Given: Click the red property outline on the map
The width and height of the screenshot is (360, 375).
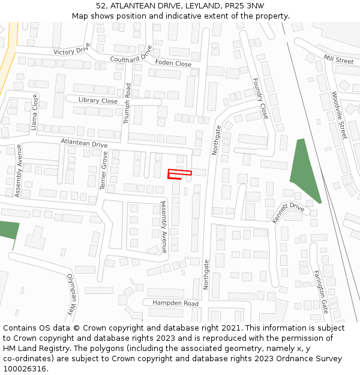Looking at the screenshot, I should click(x=179, y=174).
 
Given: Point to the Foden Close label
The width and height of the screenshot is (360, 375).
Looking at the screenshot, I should click(x=173, y=63).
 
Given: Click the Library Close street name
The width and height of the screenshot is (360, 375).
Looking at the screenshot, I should click(x=98, y=101).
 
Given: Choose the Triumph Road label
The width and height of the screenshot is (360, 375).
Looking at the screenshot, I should click(x=127, y=103).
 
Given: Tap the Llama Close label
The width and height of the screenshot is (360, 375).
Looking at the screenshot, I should click(x=34, y=112).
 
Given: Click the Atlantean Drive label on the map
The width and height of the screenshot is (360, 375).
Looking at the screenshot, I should click(x=84, y=143).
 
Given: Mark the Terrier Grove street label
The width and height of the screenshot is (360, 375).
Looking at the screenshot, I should click(x=104, y=171).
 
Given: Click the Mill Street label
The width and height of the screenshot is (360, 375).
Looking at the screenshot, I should click(x=338, y=59).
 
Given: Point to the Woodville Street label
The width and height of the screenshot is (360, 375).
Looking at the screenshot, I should click(x=340, y=115).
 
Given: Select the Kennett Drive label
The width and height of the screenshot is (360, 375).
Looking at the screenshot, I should click(x=289, y=212).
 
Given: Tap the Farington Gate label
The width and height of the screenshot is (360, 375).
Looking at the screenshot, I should click(x=321, y=291).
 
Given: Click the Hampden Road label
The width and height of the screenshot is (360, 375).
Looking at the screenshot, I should click(x=175, y=304).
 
